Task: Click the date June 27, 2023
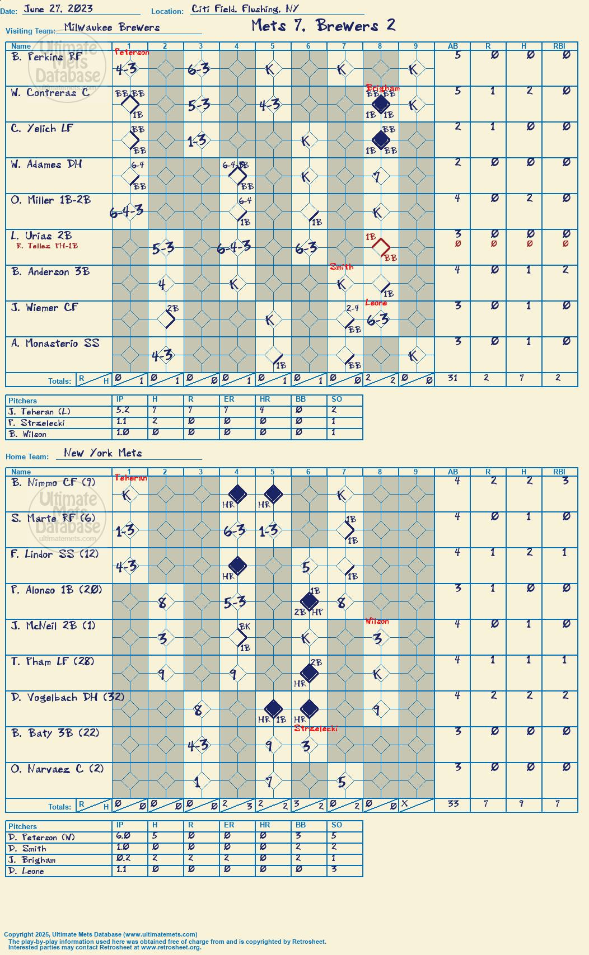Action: [x=58, y=8]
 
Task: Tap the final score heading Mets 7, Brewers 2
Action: [x=324, y=26]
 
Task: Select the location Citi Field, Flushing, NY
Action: [x=245, y=9]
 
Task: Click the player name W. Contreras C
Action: [x=50, y=92]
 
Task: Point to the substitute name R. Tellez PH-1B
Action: [x=47, y=246]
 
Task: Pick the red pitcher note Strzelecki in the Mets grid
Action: [x=315, y=728]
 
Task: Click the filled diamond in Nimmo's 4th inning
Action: [x=237, y=494]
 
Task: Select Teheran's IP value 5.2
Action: [x=123, y=410]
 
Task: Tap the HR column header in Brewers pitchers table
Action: [x=264, y=399]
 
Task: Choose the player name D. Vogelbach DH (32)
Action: [x=67, y=697]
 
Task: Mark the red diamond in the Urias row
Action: [x=381, y=247]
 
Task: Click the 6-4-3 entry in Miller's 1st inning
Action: [x=127, y=210]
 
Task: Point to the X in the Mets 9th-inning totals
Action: [x=405, y=803]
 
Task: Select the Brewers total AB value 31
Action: [x=452, y=377]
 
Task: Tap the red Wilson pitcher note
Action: [x=377, y=621]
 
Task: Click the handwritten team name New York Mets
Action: [x=102, y=453]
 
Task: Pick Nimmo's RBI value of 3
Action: [x=565, y=481]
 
